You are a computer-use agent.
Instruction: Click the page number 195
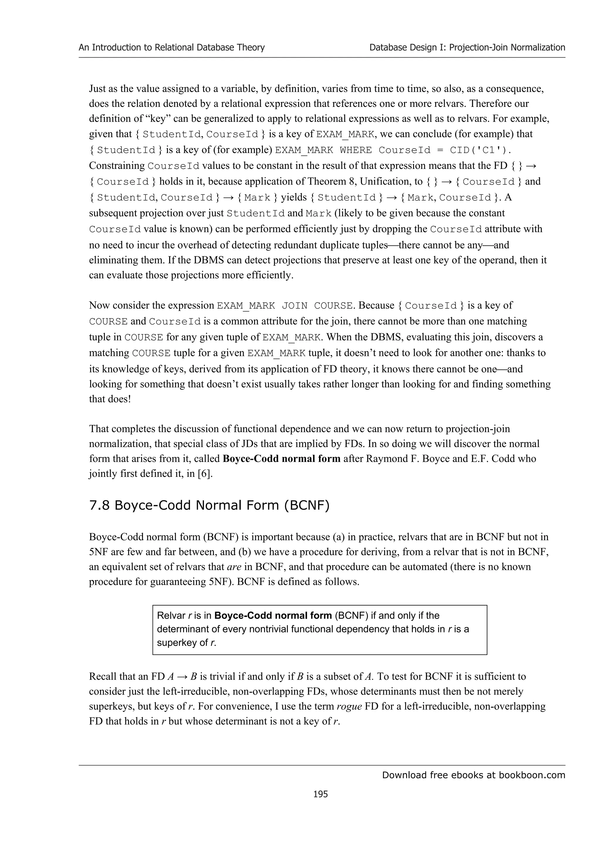pyautogui.click(x=320, y=794)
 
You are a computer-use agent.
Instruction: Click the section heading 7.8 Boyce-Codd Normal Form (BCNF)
pyautogui.click(x=209, y=505)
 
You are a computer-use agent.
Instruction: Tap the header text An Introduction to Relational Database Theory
pyautogui.click(x=171, y=48)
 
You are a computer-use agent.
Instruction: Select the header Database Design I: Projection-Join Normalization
pyautogui.click(x=467, y=48)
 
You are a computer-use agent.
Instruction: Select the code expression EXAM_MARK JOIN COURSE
pyautogui.click(x=284, y=306)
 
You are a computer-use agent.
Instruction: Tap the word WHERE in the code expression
pyautogui.click(x=355, y=150)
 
